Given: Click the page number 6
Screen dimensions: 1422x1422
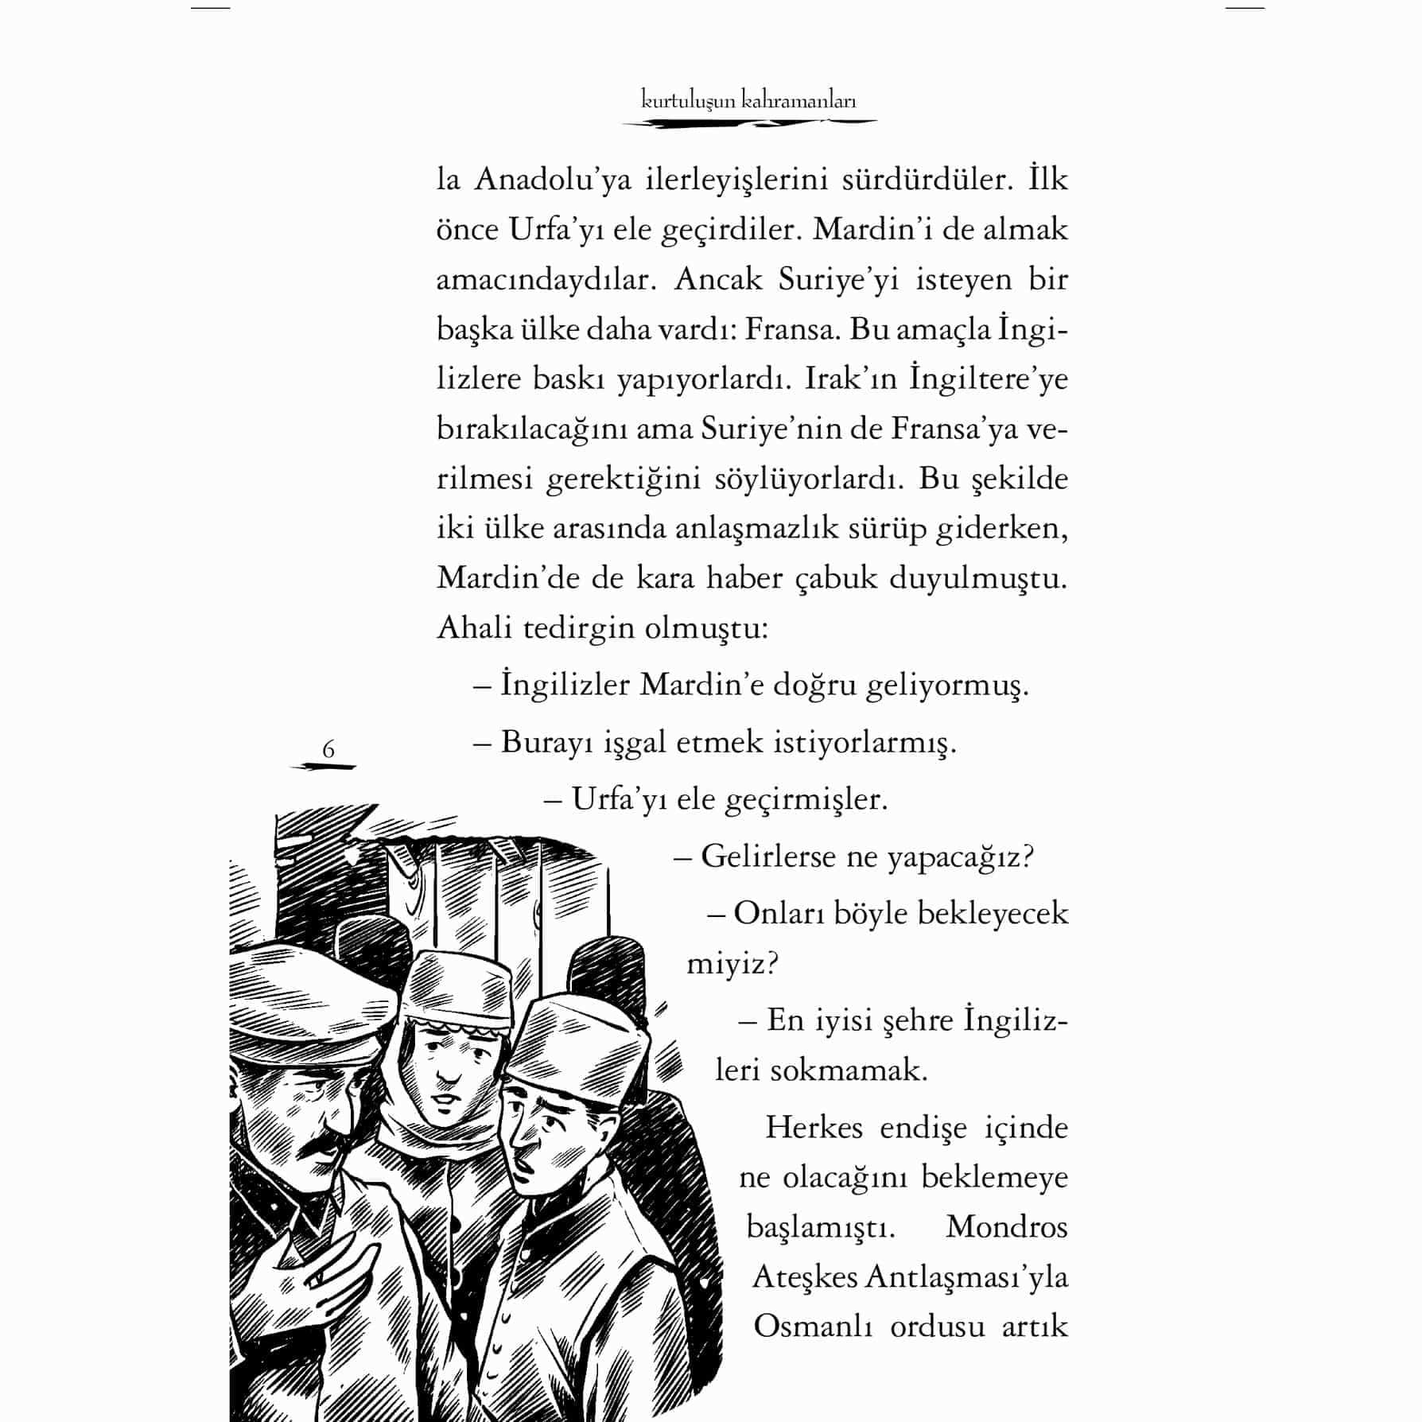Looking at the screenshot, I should [x=328, y=749].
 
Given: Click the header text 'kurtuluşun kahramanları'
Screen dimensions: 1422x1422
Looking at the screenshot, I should [x=748, y=101].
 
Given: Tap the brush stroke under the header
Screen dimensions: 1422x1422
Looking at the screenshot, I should [x=748, y=123].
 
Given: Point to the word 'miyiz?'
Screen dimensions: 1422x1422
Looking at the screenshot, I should [x=732, y=964].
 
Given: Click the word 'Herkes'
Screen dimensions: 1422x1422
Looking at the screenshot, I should [x=814, y=1128].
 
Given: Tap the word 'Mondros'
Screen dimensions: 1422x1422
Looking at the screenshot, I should [x=1007, y=1226].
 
